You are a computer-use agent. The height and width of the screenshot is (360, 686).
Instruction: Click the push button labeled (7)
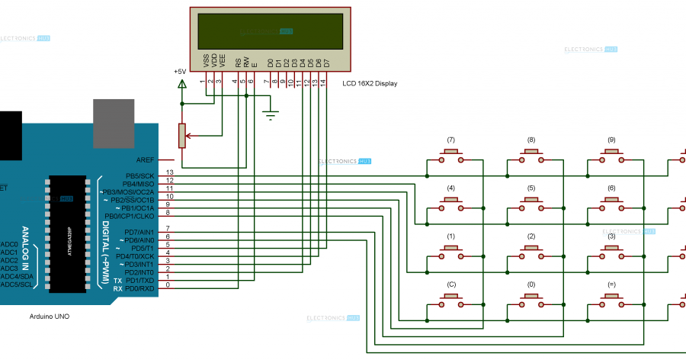[451, 155]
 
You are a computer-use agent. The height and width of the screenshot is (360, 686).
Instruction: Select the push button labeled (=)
[611, 299]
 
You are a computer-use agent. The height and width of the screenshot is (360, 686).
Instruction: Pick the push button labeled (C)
[451, 299]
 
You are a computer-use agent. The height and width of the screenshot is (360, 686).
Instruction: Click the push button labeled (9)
[611, 155]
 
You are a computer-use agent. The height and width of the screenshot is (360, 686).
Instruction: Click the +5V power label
[180, 72]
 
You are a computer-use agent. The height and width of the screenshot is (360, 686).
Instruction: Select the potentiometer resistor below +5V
[181, 135]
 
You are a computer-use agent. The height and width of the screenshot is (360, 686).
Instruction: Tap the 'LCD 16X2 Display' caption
[370, 83]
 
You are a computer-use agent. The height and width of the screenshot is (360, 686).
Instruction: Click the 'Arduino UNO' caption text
[50, 316]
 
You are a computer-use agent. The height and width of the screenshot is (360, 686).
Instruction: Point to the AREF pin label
[145, 160]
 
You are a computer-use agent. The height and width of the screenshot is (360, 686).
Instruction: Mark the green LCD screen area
[271, 31]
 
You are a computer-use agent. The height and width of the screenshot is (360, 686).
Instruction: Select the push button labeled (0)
[531, 299]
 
